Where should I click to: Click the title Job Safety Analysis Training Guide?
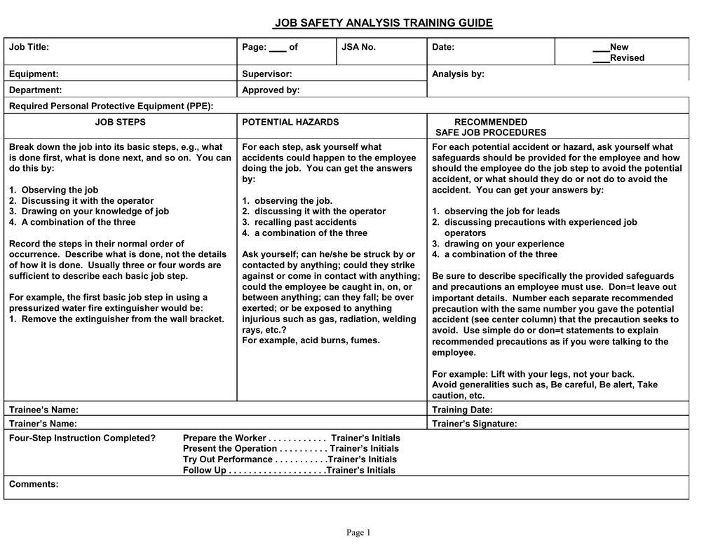(383, 23)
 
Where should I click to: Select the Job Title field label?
(29, 47)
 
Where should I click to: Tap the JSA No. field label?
(358, 47)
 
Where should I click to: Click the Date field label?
(443, 47)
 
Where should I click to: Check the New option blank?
(601, 48)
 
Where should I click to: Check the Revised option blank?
(601, 58)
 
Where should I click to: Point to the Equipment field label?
(33, 74)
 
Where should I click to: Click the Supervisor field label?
(267, 74)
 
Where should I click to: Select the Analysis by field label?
(458, 74)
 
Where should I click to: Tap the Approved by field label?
(271, 90)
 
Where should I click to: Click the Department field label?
(35, 90)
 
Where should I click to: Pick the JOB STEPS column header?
(121, 122)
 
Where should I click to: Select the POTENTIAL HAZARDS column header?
(290, 122)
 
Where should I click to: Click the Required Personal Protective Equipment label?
(111, 106)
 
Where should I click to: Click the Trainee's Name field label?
(43, 409)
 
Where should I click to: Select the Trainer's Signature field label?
(475, 423)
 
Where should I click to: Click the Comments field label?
(34, 484)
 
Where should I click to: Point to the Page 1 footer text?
(358, 533)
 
